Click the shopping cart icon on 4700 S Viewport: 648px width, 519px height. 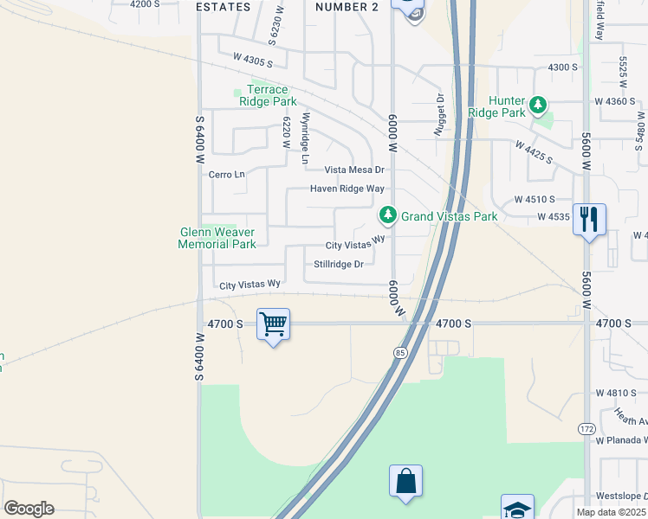(x=274, y=325)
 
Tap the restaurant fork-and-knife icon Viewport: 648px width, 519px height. (x=589, y=218)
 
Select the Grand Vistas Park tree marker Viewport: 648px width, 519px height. (x=388, y=214)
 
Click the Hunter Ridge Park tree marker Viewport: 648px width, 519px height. (x=539, y=106)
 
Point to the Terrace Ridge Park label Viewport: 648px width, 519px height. (x=269, y=95)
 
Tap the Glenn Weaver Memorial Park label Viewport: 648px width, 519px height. (x=217, y=238)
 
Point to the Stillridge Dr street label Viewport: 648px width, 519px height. (x=338, y=265)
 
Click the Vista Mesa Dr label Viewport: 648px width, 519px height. (x=354, y=170)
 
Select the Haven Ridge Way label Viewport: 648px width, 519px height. (x=347, y=189)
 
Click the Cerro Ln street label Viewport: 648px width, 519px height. (x=227, y=175)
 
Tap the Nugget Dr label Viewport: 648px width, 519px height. (x=440, y=115)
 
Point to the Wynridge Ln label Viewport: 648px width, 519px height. (x=304, y=138)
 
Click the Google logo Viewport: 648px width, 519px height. (x=29, y=509)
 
